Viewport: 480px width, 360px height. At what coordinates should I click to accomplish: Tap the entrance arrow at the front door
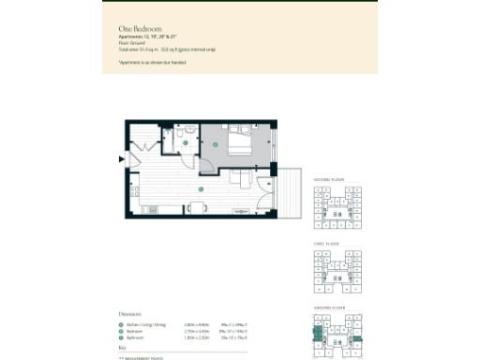tap(120, 158)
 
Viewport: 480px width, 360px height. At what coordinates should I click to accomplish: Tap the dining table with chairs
tap(198, 207)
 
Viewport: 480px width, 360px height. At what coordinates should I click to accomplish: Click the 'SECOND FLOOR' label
tap(329, 179)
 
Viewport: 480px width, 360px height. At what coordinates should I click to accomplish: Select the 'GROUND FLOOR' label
tap(328, 306)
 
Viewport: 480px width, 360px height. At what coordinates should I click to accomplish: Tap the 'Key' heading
tap(122, 348)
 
